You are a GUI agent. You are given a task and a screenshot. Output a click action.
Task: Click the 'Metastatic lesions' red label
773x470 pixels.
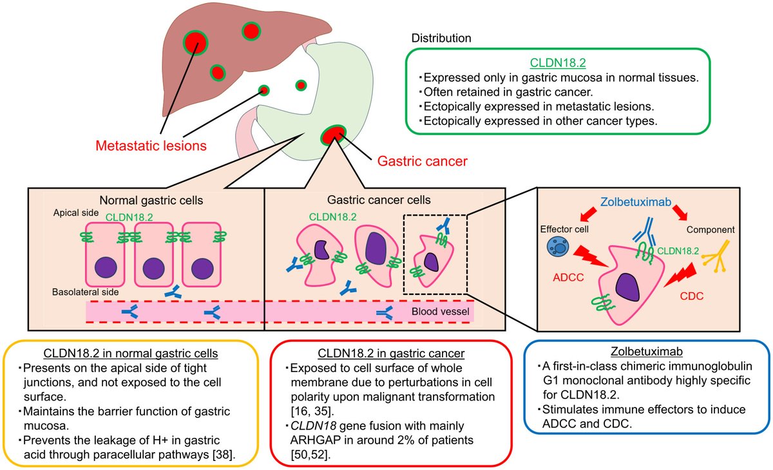[x=151, y=146]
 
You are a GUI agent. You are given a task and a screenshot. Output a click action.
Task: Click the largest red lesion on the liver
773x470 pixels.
[x=195, y=42]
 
